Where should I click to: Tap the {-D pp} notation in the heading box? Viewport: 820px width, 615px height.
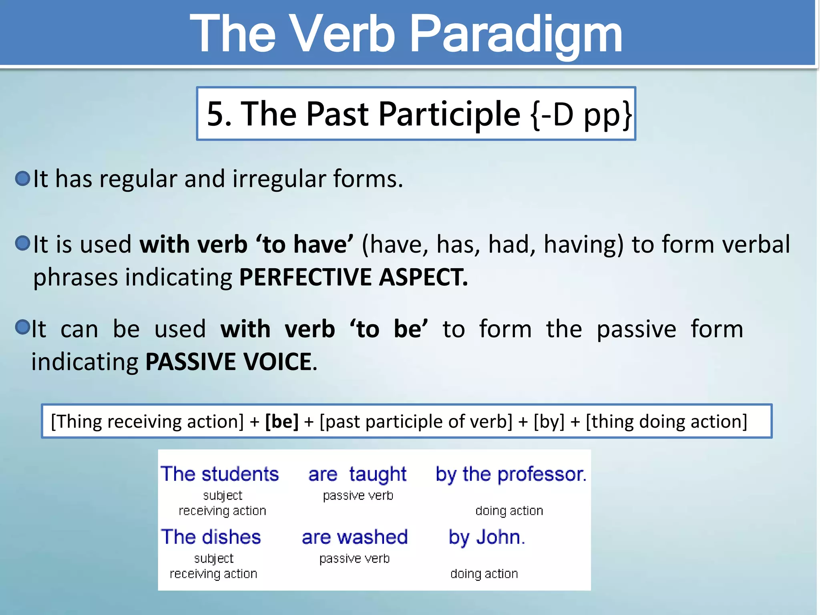point(581,114)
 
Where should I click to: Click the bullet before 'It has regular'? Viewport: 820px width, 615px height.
point(23,179)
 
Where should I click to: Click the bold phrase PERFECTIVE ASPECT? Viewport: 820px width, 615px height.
point(353,277)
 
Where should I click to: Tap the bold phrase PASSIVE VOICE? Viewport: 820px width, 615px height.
point(229,362)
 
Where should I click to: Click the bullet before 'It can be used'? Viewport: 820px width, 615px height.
point(23,327)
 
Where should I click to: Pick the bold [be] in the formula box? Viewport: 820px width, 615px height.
point(281,422)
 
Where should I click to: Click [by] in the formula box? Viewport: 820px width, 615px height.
point(549,422)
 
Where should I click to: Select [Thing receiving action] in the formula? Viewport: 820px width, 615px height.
point(147,422)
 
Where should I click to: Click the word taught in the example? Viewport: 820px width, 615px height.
point(377,474)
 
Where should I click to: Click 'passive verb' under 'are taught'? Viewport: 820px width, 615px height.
point(358,496)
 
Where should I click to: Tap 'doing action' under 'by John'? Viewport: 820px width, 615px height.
point(484,574)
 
